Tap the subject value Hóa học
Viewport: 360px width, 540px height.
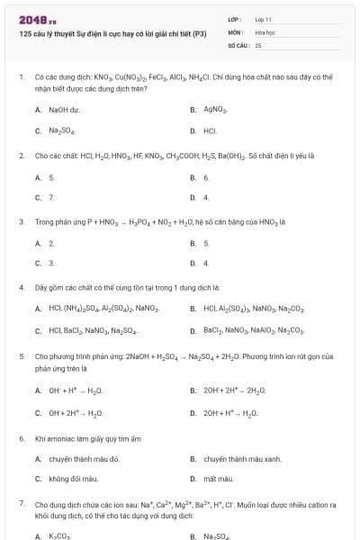point(265,31)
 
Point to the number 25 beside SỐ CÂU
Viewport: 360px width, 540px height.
point(258,44)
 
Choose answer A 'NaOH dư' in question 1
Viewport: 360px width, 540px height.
point(61,110)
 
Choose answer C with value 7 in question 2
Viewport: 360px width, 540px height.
point(51,197)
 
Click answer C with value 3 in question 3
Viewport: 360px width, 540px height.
point(51,263)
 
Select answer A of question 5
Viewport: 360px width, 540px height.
point(76,391)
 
